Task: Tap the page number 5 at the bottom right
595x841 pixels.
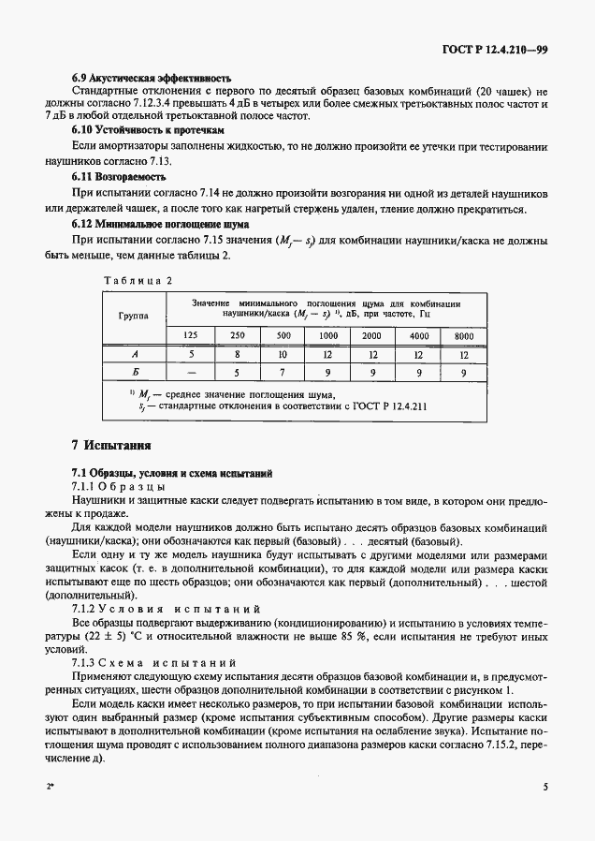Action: click(544, 788)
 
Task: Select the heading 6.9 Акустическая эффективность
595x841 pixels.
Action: click(152, 76)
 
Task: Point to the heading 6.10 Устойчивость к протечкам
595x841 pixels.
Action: click(149, 130)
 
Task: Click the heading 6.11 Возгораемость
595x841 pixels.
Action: click(119, 176)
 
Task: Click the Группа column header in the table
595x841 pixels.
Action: click(133, 317)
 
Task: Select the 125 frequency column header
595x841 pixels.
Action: click(191, 335)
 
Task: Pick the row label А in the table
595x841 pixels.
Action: click(133, 354)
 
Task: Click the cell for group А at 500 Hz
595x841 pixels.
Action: click(282, 354)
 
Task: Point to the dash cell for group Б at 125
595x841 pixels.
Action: click(191, 373)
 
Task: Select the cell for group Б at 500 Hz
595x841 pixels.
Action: click(282, 373)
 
